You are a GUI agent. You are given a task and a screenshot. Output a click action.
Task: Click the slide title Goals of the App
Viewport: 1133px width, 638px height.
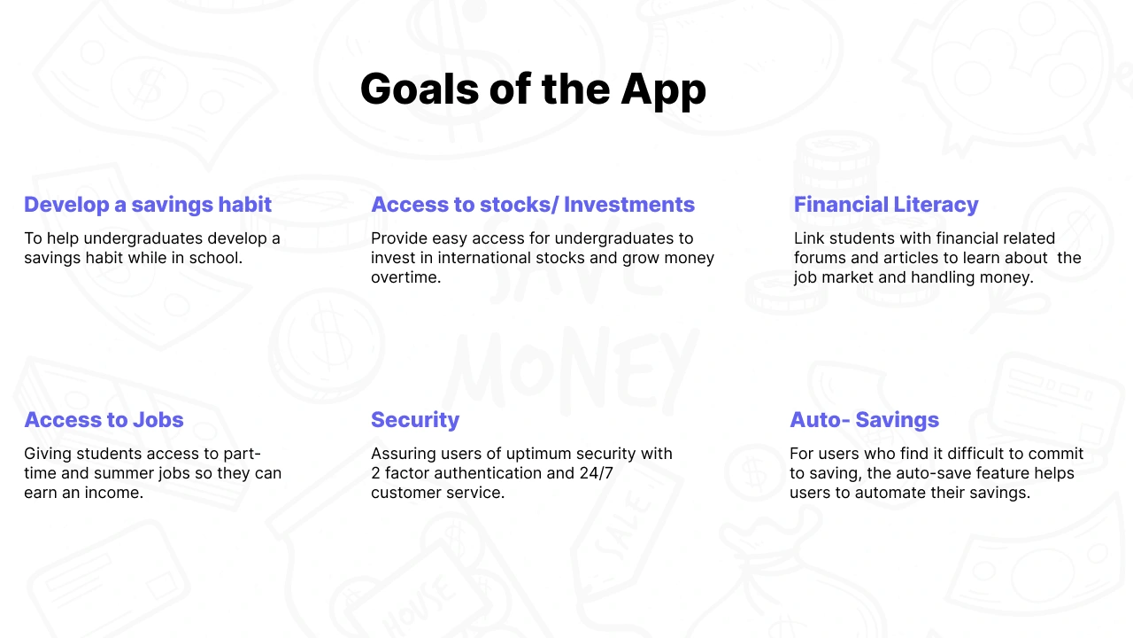click(533, 89)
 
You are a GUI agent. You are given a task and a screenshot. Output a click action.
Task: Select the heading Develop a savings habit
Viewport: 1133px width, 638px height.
click(148, 205)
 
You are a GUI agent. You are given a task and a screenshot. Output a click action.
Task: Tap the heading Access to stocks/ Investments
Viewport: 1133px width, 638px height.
click(533, 205)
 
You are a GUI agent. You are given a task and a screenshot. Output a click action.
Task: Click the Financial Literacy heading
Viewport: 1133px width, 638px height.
click(886, 205)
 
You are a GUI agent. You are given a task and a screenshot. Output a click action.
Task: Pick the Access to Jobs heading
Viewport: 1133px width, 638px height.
click(104, 420)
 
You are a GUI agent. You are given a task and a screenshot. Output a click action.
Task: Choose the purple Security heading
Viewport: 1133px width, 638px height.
click(415, 420)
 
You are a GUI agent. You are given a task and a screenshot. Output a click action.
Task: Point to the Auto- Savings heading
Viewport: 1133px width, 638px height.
click(864, 420)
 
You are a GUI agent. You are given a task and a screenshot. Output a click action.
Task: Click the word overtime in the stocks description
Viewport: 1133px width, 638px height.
click(405, 277)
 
